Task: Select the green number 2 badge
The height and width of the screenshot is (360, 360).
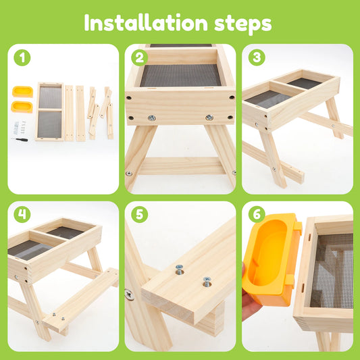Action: coord(139,57)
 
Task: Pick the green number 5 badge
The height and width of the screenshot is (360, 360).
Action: coord(139,215)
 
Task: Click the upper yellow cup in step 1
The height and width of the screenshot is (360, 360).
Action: coord(22,91)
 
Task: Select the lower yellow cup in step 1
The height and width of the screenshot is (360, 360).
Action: coord(22,106)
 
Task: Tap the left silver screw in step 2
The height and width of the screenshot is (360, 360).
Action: coord(151,118)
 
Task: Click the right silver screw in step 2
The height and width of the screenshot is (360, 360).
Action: coord(209,118)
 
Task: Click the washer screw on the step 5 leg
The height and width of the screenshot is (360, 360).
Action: coord(129,294)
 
